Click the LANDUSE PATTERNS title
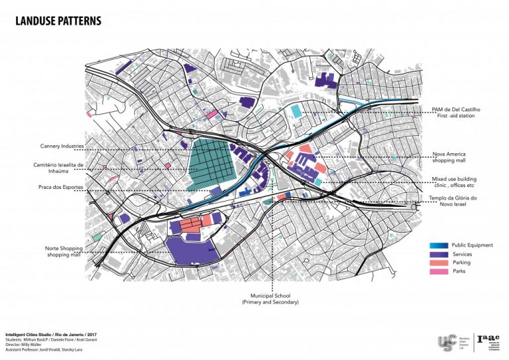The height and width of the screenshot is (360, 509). tap(58, 21)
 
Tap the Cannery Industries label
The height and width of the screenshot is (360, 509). tap(60, 145)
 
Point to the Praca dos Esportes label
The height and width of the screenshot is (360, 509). tap(60, 188)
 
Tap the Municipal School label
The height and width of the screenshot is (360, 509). tap(270, 298)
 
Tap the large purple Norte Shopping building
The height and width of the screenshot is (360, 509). tap(192, 251)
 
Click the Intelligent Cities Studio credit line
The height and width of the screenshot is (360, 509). tap(50, 334)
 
